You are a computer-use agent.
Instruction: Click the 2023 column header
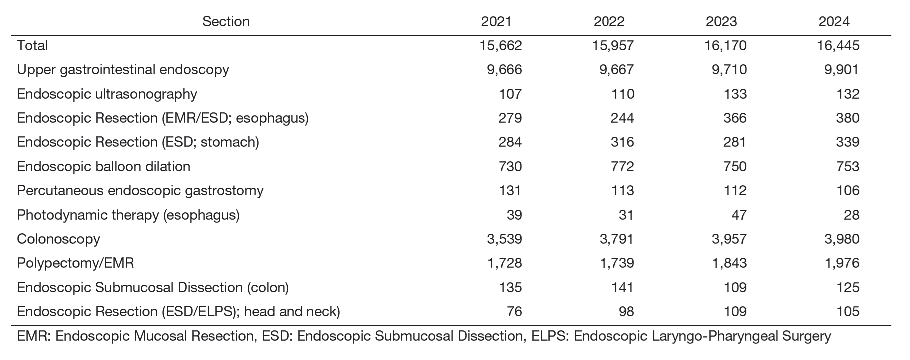[721, 22]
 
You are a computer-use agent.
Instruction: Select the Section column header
[226, 22]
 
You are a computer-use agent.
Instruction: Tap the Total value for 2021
[501, 46]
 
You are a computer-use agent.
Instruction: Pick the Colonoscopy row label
[58, 239]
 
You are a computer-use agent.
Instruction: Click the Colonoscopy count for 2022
[616, 239]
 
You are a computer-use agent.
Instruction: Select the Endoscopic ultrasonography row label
[107, 94]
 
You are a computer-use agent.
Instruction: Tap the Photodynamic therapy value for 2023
[739, 215]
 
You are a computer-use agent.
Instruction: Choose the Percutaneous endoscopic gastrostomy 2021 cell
[510, 191]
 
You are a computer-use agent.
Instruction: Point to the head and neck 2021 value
[514, 312]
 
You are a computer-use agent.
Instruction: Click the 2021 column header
[496, 22]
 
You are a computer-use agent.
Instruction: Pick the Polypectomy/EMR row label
[75, 263]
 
